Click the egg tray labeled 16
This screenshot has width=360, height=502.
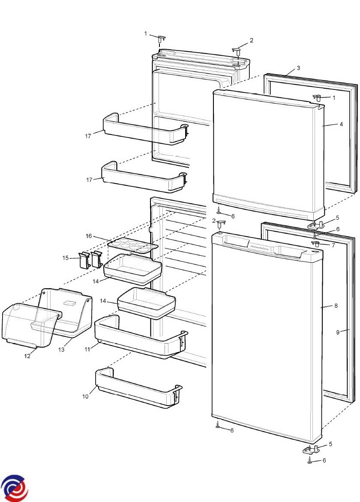click(x=133, y=246)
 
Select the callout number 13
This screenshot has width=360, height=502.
click(x=61, y=349)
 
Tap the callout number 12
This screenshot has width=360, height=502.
click(x=27, y=356)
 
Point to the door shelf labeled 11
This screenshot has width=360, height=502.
click(x=141, y=337)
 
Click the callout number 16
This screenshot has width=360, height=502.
click(x=88, y=236)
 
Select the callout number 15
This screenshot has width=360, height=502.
click(x=65, y=258)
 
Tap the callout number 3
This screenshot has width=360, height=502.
click(x=299, y=68)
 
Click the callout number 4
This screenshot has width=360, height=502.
click(x=341, y=124)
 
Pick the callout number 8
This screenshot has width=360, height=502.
click(x=336, y=306)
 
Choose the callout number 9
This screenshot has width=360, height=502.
click(x=338, y=332)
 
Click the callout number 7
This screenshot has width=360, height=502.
click(x=333, y=245)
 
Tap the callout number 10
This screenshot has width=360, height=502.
click(x=85, y=396)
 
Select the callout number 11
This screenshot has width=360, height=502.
click(x=87, y=349)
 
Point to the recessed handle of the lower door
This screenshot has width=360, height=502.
click(x=264, y=247)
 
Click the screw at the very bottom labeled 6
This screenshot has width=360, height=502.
click(x=310, y=461)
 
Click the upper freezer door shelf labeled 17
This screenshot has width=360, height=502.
click(x=145, y=128)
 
